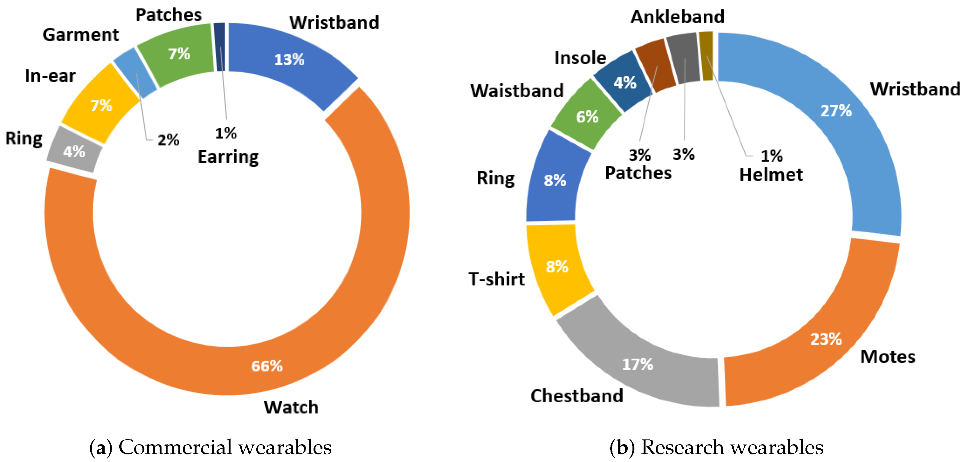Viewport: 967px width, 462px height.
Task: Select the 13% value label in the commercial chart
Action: tap(289, 60)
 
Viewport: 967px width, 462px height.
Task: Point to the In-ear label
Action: tap(50, 76)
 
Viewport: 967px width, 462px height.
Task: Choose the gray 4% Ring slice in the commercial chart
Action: tap(74, 150)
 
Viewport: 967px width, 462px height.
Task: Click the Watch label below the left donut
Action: tap(291, 407)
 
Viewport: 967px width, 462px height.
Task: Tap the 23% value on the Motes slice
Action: tap(826, 339)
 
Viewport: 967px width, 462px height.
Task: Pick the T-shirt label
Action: tap(496, 279)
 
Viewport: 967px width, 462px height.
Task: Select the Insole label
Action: tap(580, 58)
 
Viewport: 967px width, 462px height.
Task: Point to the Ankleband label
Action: tap(677, 17)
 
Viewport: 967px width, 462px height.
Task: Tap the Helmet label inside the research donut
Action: tap(771, 175)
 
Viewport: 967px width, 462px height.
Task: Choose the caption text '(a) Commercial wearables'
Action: tap(211, 447)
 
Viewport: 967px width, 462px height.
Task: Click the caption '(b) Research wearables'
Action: tap(716, 447)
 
